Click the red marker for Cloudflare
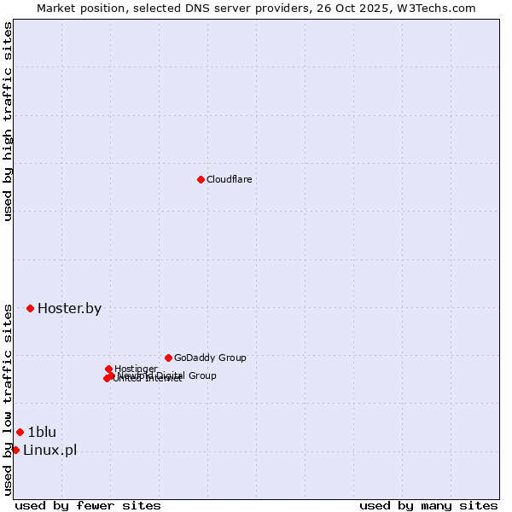click(x=201, y=179)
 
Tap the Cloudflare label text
click(x=229, y=179)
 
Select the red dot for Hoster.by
click(x=30, y=308)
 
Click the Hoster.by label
click(x=69, y=309)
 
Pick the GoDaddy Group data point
click(x=168, y=358)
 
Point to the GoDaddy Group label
click(x=210, y=358)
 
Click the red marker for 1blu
click(x=20, y=432)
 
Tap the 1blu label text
click(x=42, y=432)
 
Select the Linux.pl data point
click(x=15, y=450)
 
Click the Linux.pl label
click(x=49, y=451)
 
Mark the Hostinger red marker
click(x=108, y=369)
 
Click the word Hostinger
click(x=136, y=369)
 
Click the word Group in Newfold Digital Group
click(x=201, y=375)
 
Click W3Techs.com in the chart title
click(x=439, y=8)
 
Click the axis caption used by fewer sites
click(x=88, y=505)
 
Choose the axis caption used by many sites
click(x=428, y=505)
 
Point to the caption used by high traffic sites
click(x=9, y=121)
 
